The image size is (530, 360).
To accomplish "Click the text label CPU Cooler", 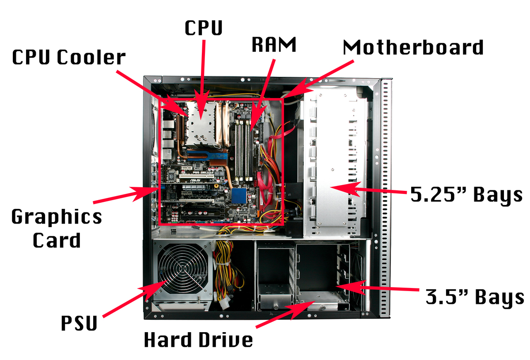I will [x=69, y=58].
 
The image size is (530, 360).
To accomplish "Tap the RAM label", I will [x=273, y=45].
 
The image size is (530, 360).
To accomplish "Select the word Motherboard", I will [x=413, y=47].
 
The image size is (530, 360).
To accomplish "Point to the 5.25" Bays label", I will [x=466, y=194].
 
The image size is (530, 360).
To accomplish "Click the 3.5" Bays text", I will [x=475, y=297].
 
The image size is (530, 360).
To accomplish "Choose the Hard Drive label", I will [x=199, y=340].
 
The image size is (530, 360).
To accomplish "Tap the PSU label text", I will [x=79, y=323].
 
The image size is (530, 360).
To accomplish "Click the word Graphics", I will [x=57, y=217].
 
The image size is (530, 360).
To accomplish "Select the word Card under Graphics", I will [x=57, y=240].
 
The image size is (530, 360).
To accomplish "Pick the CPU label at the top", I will [x=204, y=28].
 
